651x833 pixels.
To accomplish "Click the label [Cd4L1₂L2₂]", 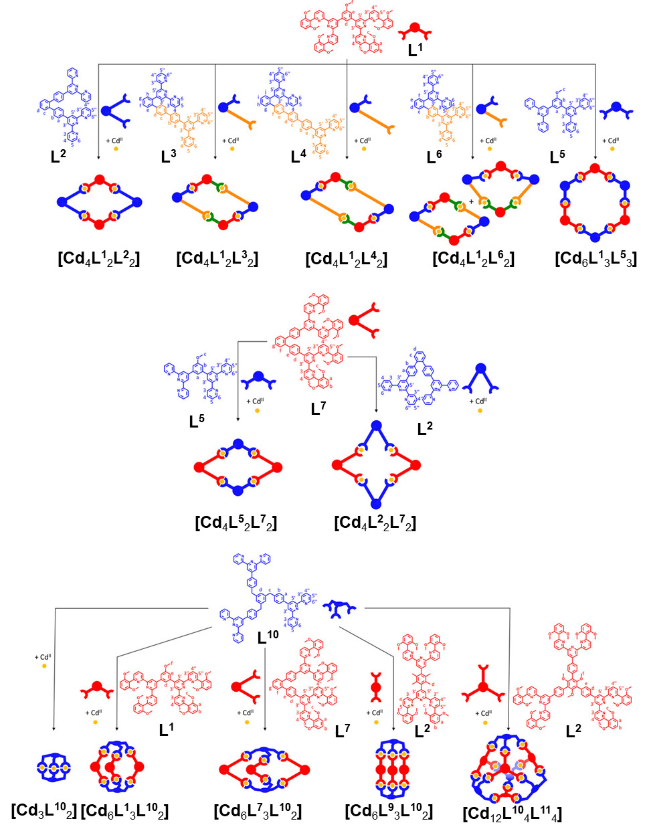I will point(99,259).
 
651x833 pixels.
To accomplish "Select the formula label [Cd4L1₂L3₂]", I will point(217,259).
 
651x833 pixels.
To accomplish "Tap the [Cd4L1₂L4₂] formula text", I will point(346,259).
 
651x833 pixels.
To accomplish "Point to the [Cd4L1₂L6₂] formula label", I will point(473,259).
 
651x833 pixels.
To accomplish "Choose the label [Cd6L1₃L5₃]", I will point(595,259).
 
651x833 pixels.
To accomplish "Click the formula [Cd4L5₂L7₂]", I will point(236,523).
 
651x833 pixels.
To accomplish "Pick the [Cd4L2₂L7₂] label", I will point(375,523).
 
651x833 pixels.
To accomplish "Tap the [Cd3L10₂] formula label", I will point(43,811).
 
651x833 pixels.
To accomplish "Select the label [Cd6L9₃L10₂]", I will point(389,812).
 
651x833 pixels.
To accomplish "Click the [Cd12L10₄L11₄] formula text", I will point(512,814).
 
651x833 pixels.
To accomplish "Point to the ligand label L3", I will point(169,157).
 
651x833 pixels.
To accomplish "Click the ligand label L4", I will point(298,157).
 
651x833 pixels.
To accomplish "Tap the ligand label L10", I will point(268,637).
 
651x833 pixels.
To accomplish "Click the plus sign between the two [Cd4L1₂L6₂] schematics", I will point(471,201).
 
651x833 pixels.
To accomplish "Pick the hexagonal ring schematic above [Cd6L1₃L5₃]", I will point(595,201).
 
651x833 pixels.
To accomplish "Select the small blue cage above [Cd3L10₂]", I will point(53,767).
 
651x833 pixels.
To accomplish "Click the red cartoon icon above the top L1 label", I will point(415,30).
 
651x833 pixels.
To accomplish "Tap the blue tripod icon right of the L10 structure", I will point(339,608).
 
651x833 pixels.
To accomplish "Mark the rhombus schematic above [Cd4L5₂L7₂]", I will point(238,467).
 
